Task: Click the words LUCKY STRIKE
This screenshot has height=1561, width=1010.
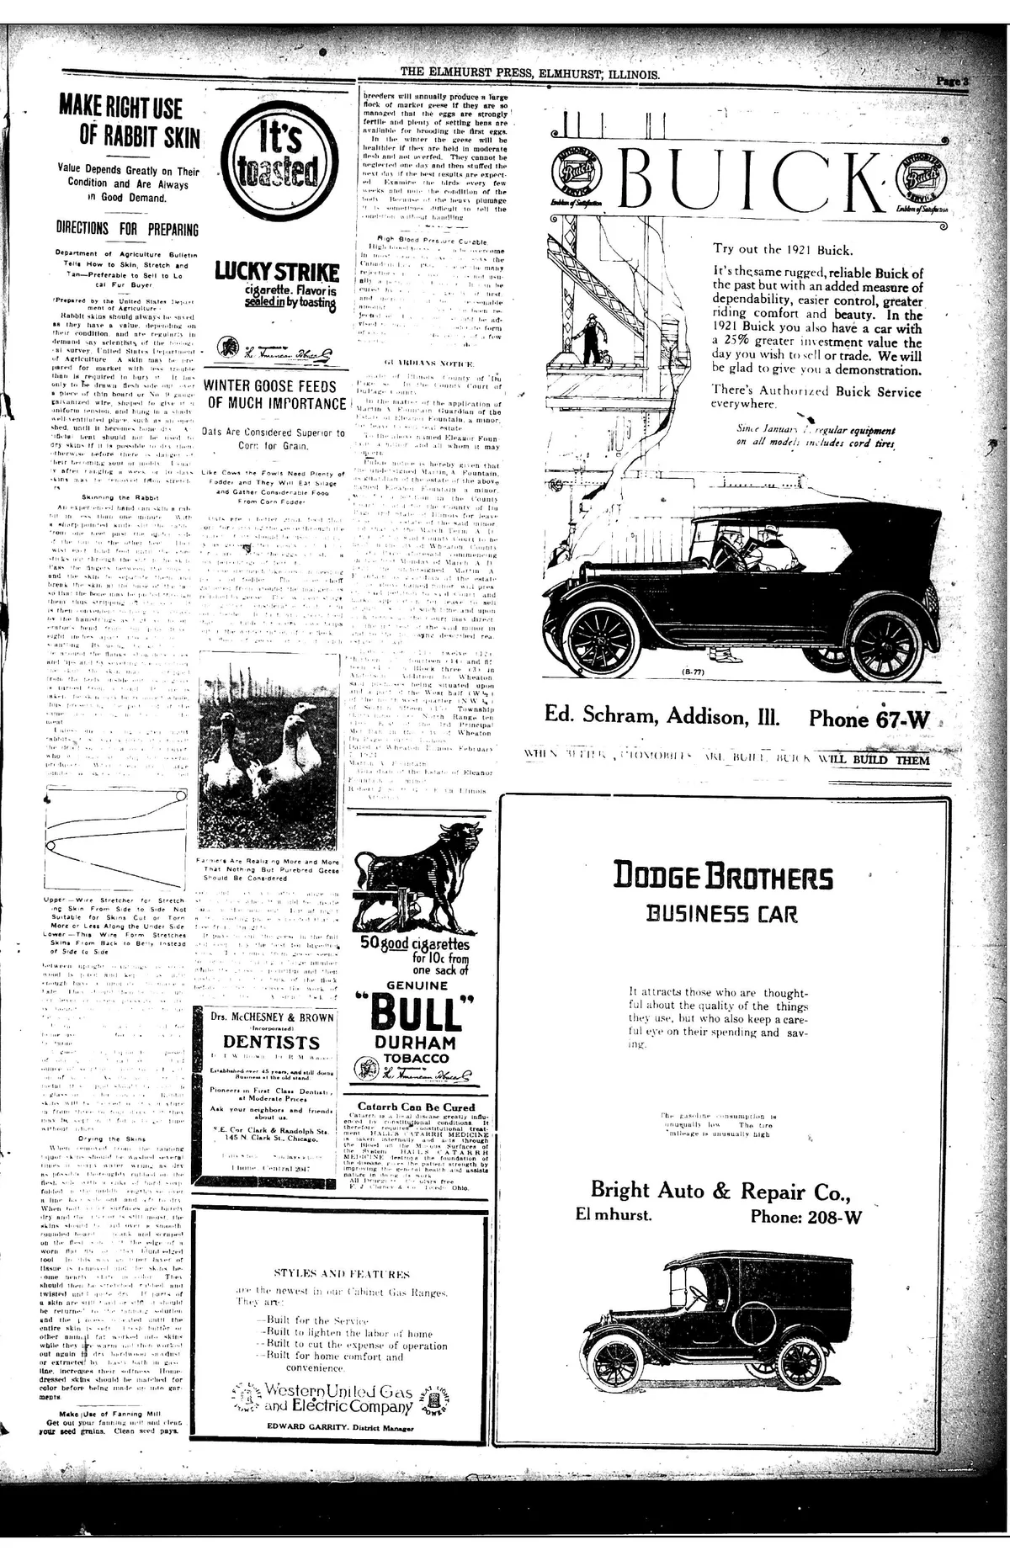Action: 277,271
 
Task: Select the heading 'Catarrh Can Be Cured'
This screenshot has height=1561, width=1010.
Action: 416,1107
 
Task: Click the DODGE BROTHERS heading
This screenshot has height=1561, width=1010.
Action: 723,876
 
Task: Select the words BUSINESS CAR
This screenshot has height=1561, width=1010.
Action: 720,913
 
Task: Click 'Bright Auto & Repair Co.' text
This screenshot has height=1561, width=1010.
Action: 720,1190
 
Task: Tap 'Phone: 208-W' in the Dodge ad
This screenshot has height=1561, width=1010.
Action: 805,1217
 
